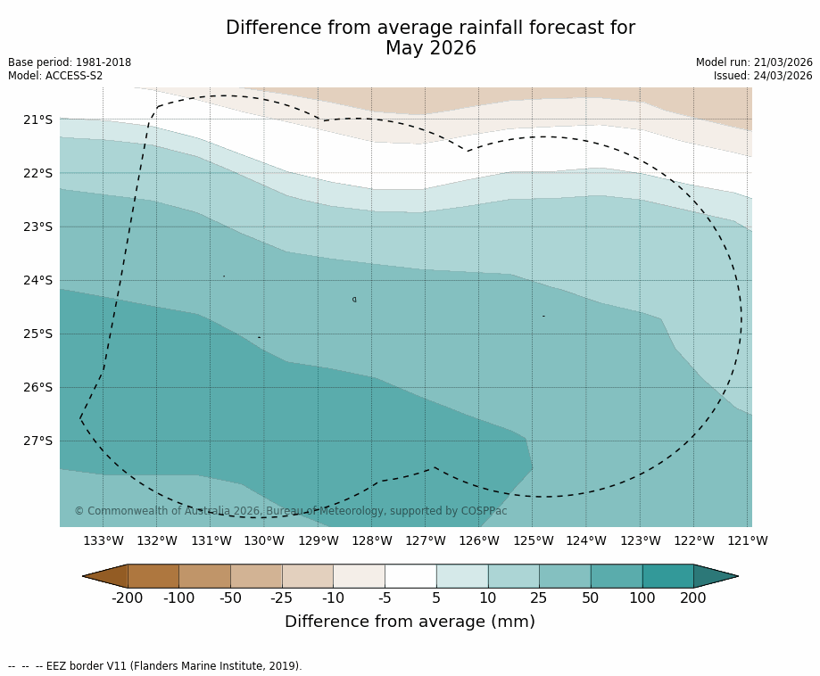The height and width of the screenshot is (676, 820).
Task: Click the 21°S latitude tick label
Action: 37,120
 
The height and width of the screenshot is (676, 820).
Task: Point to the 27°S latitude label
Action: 37,441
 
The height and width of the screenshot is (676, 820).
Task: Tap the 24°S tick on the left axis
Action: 37,280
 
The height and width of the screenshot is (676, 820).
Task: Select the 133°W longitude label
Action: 104,540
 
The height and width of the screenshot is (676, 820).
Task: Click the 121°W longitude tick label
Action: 748,540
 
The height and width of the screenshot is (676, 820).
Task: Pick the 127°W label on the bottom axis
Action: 426,540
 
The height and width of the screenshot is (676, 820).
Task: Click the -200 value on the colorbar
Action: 128,598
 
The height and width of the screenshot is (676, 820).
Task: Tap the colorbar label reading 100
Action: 642,598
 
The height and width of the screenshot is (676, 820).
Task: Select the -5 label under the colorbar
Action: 385,598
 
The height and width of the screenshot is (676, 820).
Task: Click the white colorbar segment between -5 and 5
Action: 410,576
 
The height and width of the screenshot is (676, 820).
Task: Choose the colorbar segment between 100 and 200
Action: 667,576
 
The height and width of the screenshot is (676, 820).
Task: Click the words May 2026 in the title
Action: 431,49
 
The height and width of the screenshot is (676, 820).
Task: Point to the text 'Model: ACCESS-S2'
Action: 55,76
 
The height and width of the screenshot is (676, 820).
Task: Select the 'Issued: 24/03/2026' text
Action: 763,76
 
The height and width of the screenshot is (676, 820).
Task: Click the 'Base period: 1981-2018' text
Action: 70,62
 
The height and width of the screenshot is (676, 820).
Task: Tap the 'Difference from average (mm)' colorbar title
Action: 410,622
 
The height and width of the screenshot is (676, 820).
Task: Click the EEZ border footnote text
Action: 155,666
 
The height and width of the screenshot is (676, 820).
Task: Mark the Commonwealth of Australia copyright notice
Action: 291,511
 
